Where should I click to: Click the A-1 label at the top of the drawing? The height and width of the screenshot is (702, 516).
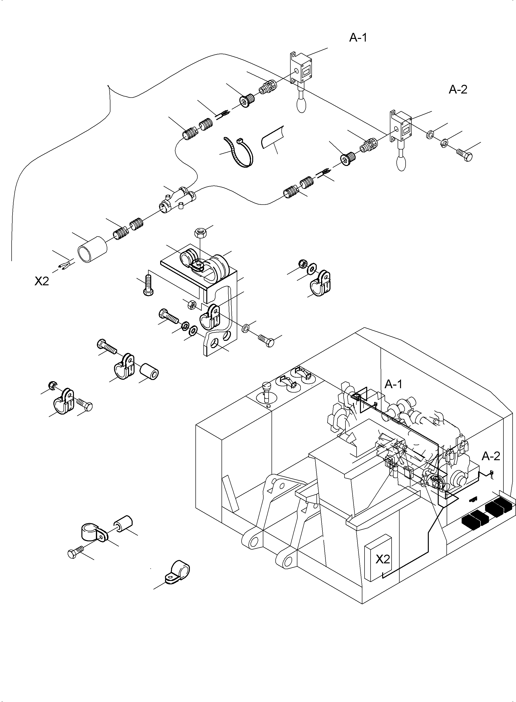[x=358, y=38]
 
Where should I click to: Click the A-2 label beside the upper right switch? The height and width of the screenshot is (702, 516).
[x=458, y=90]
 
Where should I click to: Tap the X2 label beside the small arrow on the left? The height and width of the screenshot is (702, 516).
[x=42, y=281]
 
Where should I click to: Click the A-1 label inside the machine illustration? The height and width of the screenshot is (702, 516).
[x=393, y=384]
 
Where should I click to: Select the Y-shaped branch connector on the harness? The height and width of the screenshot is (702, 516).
[x=177, y=200]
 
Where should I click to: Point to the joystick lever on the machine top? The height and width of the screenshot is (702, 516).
[x=266, y=392]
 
